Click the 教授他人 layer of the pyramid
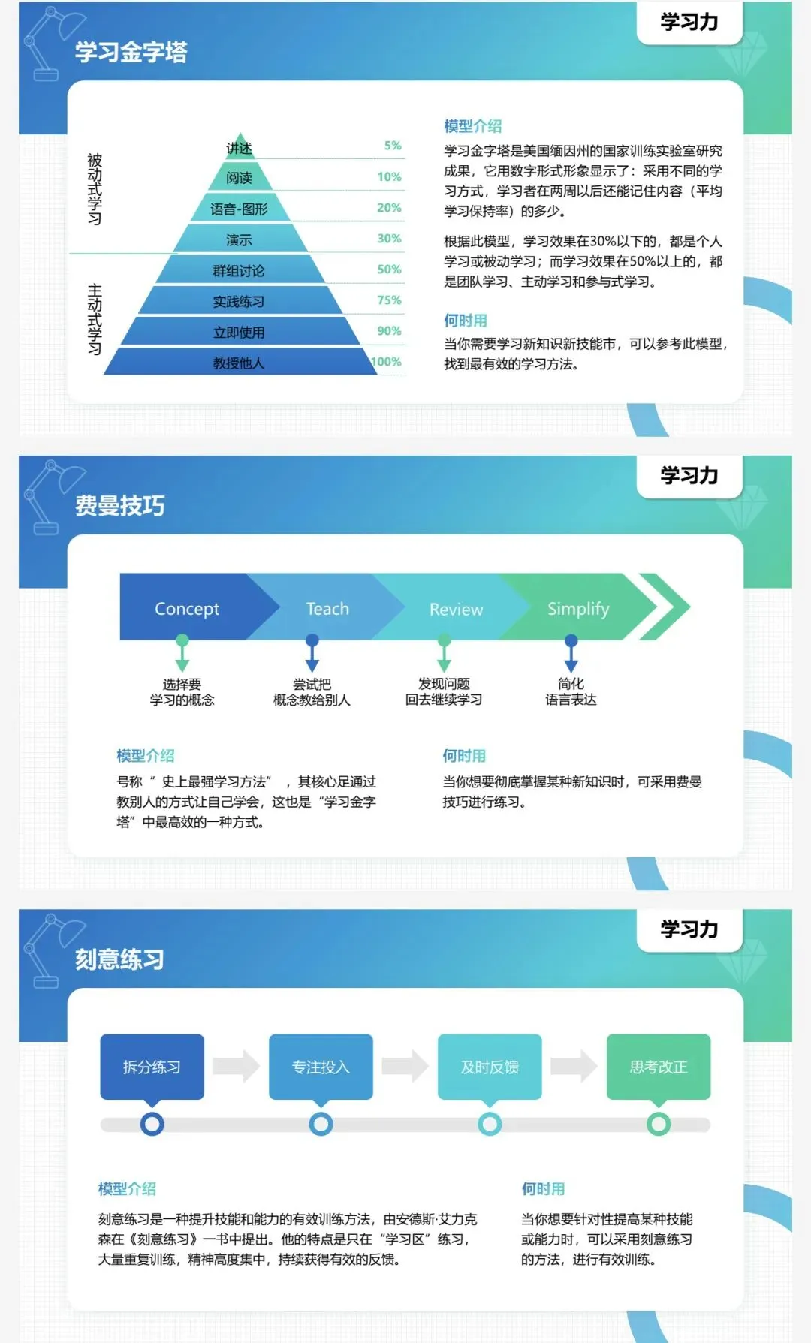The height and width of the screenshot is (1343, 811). point(239,363)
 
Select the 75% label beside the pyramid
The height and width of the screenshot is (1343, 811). point(389,300)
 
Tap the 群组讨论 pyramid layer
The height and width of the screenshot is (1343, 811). point(239,271)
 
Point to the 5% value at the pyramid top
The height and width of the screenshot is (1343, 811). point(393,146)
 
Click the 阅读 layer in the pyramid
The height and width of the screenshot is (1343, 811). point(239,178)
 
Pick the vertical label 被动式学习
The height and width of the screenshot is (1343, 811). point(95,189)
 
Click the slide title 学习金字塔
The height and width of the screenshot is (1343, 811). point(131,52)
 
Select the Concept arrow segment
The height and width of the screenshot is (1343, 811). point(187,609)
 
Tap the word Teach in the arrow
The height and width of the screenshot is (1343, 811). point(327,609)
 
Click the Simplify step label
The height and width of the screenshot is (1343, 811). point(577,609)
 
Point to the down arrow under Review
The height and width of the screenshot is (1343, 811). point(445,654)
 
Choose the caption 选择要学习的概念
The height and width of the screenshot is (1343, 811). point(182,692)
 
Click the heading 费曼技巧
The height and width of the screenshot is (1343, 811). point(120,506)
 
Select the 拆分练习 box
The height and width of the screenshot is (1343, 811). point(152,1067)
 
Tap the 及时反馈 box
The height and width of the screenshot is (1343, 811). point(490,1067)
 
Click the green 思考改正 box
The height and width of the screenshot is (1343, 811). point(658,1067)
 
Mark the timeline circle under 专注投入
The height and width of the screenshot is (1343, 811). point(321,1124)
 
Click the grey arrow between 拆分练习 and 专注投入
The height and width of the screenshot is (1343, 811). point(236,1066)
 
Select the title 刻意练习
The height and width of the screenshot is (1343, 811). point(120,959)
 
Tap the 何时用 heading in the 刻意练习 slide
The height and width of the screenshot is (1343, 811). point(543,1189)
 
